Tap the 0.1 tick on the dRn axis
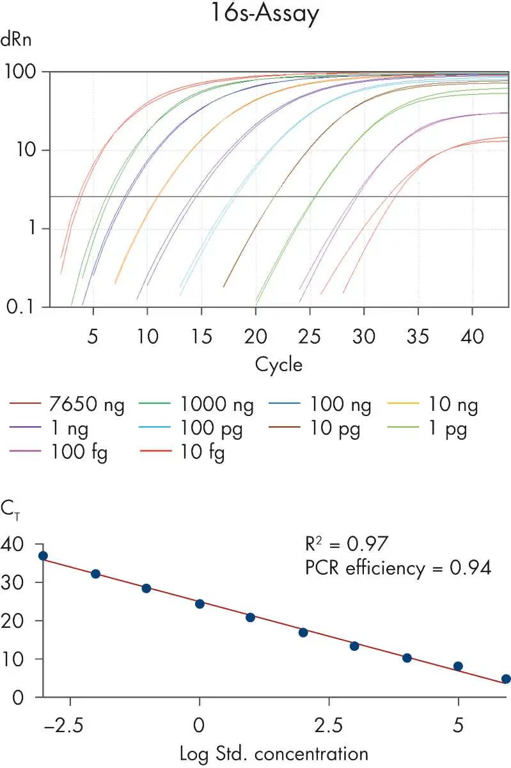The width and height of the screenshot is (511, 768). click(x=20, y=307)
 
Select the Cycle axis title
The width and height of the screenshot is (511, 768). click(x=278, y=365)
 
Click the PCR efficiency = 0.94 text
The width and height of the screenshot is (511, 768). click(x=397, y=568)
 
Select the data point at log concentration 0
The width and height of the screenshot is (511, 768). click(x=200, y=604)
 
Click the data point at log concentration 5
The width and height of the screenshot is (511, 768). click(x=458, y=666)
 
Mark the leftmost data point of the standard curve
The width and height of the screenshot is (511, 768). click(x=43, y=556)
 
